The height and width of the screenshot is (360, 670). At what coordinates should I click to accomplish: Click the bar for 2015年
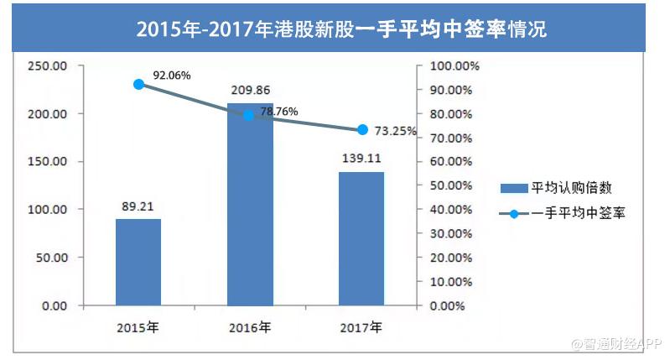click(138, 262)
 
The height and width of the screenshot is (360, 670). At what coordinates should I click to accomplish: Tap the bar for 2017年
click(361, 238)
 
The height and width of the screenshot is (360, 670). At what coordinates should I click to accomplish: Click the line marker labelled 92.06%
click(138, 84)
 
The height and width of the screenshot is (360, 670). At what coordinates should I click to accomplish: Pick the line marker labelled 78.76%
click(249, 115)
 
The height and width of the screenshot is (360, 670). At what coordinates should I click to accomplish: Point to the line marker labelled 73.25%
click(362, 129)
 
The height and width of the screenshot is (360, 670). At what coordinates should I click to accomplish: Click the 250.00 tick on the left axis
click(47, 66)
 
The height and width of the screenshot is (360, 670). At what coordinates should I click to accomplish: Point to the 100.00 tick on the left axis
click(47, 210)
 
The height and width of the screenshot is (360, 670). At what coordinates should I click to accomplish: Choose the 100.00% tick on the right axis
click(454, 66)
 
